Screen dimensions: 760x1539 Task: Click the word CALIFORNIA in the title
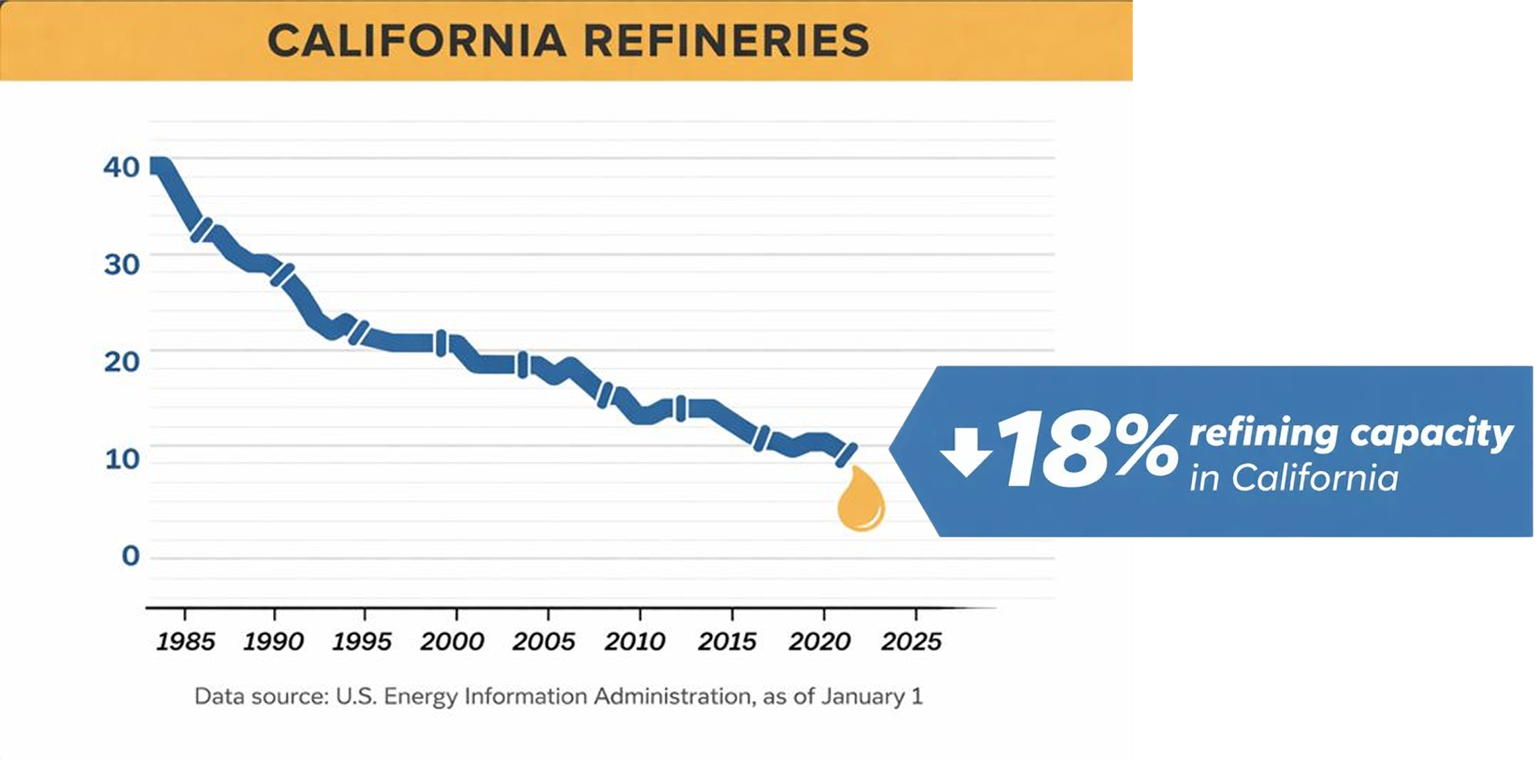(417, 41)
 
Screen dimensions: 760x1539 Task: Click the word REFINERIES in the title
(726, 41)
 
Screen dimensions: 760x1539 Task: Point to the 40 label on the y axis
(122, 167)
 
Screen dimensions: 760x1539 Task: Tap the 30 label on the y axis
(122, 265)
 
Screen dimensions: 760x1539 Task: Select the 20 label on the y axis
(122, 362)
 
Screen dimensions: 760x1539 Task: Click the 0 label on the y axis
(131, 556)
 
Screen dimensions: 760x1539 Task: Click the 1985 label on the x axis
(185, 641)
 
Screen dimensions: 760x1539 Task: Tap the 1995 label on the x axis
(361, 641)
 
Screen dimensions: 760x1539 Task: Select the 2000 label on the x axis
(452, 641)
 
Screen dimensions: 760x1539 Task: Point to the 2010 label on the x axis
(635, 641)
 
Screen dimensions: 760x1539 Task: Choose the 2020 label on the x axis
(819, 641)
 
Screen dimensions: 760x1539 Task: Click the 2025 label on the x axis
(911, 641)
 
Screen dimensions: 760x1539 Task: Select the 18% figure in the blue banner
(1088, 450)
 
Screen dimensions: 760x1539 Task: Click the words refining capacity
(1351, 434)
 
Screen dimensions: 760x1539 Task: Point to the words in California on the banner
(1294, 478)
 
